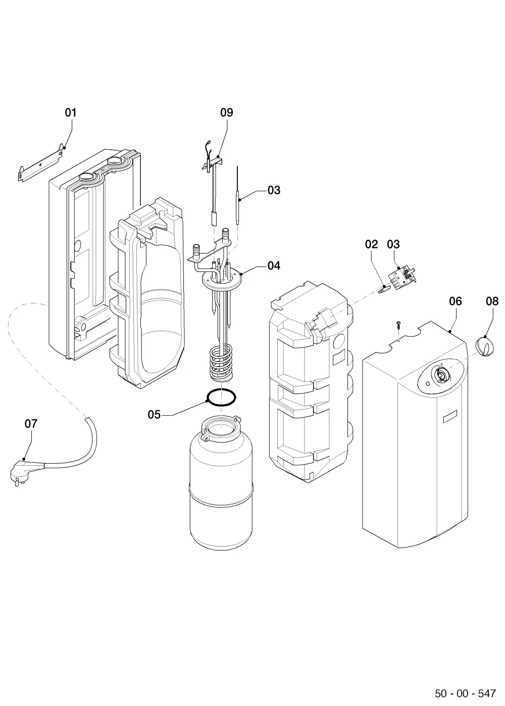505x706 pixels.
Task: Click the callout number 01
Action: point(71,113)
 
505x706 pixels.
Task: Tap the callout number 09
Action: point(226,113)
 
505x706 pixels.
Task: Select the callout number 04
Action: point(274,265)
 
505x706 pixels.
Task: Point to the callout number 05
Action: point(154,415)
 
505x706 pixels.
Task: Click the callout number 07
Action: point(31,423)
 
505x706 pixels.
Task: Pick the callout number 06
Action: point(456,301)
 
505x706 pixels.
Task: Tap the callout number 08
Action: point(492,301)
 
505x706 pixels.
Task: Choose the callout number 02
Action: point(371,244)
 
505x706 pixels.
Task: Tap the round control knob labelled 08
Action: point(484,346)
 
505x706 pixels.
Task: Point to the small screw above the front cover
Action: point(399,325)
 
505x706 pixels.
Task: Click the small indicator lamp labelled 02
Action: point(384,289)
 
